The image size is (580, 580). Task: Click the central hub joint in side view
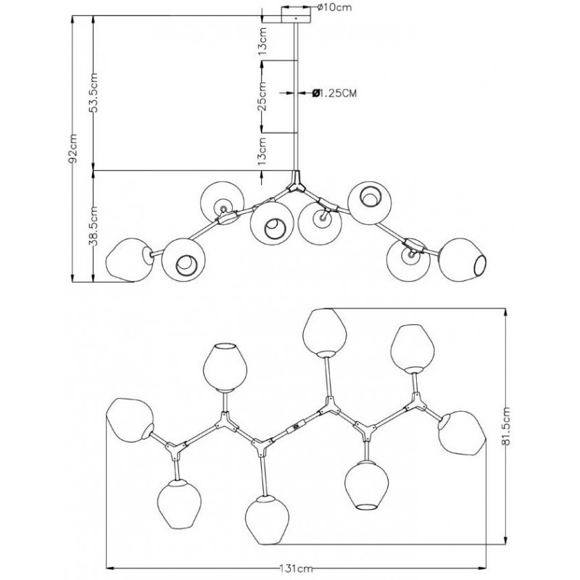click(x=295, y=184)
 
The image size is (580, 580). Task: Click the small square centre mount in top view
click(x=295, y=428)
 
